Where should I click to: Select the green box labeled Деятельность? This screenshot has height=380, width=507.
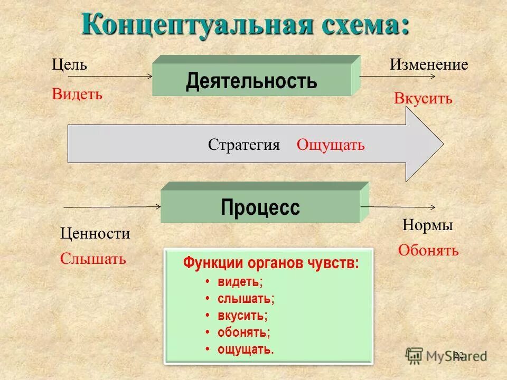tap(252, 81)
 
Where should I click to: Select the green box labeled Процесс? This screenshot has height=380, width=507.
tap(260, 206)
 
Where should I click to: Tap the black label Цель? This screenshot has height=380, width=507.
tap(69, 65)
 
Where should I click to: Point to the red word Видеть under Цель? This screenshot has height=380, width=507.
tap(77, 94)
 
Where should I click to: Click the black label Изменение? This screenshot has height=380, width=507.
tap(429, 65)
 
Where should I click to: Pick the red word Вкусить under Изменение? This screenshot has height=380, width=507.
tap(423, 99)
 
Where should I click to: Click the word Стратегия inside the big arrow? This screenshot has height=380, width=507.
tap(243, 145)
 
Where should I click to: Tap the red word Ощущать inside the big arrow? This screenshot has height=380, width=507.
tap(331, 145)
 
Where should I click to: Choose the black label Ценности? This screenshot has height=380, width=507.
tap(95, 233)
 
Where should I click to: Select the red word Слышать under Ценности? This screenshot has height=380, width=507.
tap(93, 259)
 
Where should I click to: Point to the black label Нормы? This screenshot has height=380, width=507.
tap(428, 225)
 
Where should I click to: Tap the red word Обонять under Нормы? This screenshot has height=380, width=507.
tap(428, 250)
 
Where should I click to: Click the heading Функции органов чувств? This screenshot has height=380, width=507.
tap(271, 263)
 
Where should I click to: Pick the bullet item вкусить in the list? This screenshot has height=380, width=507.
tap(242, 316)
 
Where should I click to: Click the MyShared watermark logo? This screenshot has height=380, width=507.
tap(446, 356)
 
